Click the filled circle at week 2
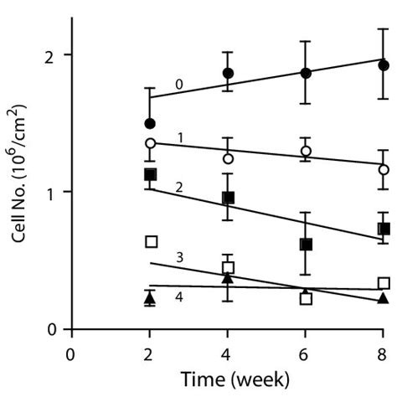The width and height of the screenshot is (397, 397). [150, 123]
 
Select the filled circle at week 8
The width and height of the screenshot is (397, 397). [383, 65]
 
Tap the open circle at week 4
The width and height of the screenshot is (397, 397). [228, 157]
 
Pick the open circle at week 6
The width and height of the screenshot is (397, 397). [306, 151]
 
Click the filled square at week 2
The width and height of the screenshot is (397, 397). [150, 174]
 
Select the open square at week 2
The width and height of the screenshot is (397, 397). [152, 241]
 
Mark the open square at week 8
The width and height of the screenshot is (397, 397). [384, 283]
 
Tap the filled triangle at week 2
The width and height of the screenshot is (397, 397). [150, 296]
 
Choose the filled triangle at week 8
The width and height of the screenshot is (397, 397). [383, 298]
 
